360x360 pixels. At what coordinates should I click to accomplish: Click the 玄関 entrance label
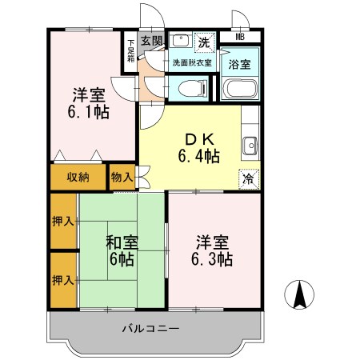[151, 40]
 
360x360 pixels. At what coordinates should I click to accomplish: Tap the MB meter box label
[240, 37]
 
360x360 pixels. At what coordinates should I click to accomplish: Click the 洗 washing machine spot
[204, 42]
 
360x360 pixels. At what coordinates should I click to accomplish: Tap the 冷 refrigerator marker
[249, 179]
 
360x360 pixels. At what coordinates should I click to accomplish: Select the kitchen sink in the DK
[250, 146]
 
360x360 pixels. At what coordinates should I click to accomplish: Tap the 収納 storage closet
[78, 177]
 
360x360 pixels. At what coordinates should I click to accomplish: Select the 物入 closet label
[122, 177]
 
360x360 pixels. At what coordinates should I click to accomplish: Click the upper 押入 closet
[63, 221]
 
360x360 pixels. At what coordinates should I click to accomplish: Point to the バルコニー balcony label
[150, 329]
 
